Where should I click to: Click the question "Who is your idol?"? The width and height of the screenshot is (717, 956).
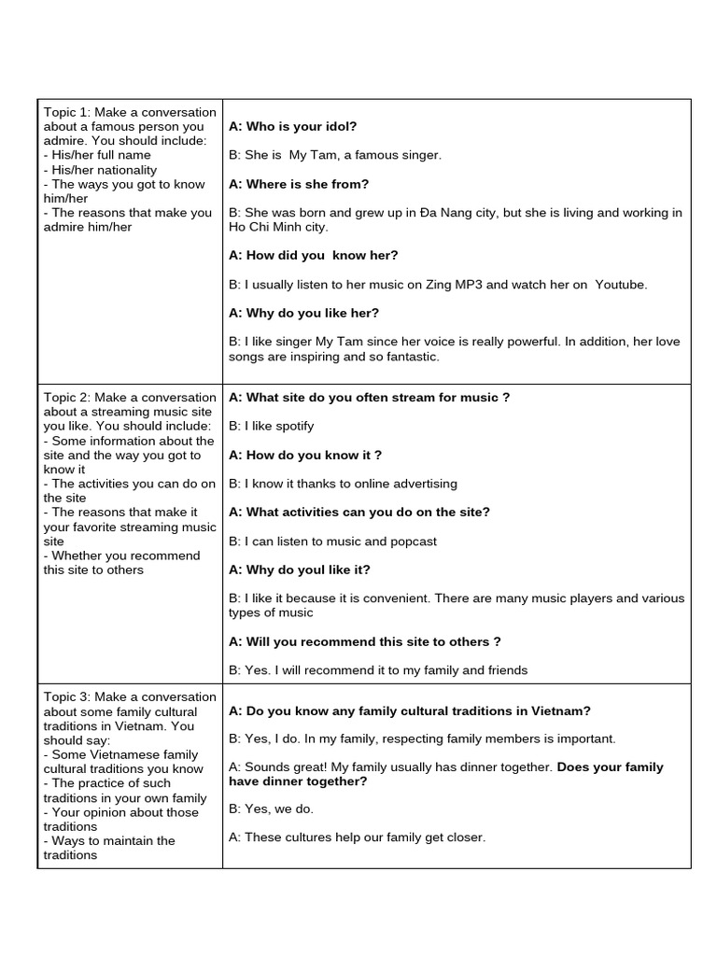click(x=292, y=126)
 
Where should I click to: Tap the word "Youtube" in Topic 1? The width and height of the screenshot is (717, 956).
click(x=621, y=284)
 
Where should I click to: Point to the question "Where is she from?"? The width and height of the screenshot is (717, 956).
click(x=299, y=184)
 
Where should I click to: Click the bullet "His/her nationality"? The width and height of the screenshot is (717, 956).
click(x=100, y=170)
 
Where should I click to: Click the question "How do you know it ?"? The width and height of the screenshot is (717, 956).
click(x=305, y=455)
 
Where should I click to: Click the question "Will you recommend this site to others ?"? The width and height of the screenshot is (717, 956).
click(x=364, y=641)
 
